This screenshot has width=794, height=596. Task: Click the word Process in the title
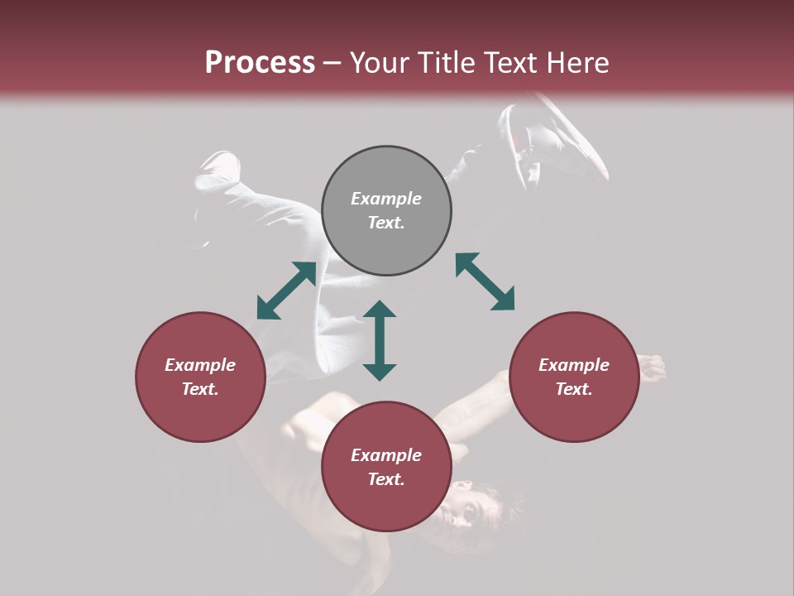click(260, 63)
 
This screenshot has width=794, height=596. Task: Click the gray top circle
click(386, 211)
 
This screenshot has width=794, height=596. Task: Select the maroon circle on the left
click(200, 377)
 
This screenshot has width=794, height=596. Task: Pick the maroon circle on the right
click(574, 377)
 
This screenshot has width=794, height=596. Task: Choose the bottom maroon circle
click(386, 467)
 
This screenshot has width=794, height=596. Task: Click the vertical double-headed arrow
click(380, 340)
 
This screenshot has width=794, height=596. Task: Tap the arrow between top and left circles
click(286, 291)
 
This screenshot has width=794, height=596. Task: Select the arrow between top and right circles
click(485, 281)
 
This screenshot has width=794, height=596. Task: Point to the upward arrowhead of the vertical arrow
click(380, 310)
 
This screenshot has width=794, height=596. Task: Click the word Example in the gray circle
click(386, 199)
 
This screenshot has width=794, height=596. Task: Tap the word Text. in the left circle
click(200, 389)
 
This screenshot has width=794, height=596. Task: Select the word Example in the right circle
click(574, 365)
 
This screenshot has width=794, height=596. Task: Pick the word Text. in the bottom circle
click(386, 479)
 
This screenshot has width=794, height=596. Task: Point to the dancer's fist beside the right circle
click(652, 368)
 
